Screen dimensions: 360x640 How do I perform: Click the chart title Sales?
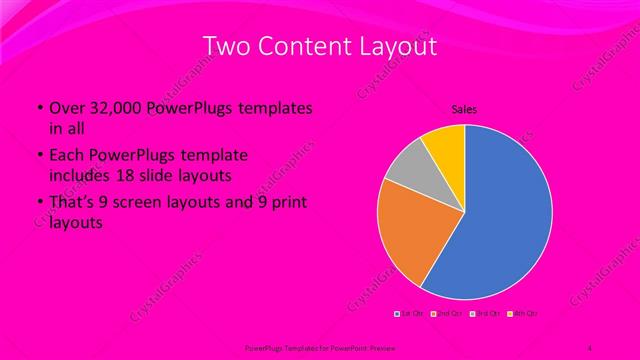464,108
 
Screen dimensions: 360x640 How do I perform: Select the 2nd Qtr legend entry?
446,313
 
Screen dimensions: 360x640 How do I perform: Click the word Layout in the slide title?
397,46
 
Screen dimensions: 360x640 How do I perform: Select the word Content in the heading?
302,46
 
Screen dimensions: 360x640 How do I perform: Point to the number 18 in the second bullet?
136,175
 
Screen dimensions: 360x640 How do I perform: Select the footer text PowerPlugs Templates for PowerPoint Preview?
300,347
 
